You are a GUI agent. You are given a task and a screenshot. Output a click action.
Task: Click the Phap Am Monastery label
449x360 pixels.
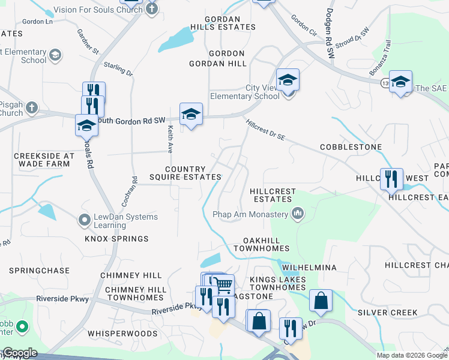(x=251, y=214)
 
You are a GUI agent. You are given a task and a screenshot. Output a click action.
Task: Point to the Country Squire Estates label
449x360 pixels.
(x=185, y=173)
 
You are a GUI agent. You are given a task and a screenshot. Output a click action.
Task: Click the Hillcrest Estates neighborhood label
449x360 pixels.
(x=273, y=196)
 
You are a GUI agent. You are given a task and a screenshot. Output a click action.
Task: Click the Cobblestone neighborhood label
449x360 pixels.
(x=351, y=146)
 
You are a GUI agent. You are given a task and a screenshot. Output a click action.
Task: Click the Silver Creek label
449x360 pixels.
(x=388, y=313)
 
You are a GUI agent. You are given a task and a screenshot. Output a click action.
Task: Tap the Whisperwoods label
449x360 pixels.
(x=118, y=332)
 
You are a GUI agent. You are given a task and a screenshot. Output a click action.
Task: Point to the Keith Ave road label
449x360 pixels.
(x=170, y=138)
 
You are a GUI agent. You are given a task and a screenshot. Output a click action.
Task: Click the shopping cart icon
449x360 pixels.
(x=222, y=284)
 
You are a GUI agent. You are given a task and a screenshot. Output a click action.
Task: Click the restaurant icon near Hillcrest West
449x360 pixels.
(x=391, y=179)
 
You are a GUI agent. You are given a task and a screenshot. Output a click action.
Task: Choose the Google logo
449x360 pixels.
(x=20, y=353)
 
